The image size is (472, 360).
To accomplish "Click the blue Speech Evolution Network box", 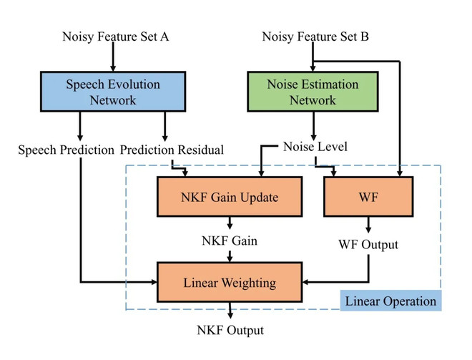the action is [x=113, y=92].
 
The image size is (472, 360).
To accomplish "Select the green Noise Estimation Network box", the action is [x=313, y=92].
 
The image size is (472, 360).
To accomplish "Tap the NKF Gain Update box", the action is [x=230, y=197].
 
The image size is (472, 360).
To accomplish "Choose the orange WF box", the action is [x=368, y=197].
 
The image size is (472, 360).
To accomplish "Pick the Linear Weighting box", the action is [x=230, y=282].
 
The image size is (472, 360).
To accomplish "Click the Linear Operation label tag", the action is [x=390, y=301].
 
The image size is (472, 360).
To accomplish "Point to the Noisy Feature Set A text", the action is [x=116, y=37].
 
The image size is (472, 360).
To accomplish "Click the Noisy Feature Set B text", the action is [x=315, y=37].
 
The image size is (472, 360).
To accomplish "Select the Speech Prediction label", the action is [x=66, y=150].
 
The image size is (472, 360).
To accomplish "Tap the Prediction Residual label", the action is [x=172, y=150].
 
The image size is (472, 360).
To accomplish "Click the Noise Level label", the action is [x=315, y=147].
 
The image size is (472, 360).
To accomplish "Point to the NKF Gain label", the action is [x=230, y=240].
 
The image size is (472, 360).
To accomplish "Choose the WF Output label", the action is [x=368, y=244].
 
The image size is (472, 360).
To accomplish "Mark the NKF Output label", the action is [x=230, y=330].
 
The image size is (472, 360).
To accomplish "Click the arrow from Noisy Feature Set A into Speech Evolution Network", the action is [x=113, y=57].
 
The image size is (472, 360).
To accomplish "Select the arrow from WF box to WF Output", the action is [x=368, y=225].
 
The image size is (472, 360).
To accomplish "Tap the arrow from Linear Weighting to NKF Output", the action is [x=230, y=311].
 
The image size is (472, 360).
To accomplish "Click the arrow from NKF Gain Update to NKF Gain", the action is [x=230, y=223].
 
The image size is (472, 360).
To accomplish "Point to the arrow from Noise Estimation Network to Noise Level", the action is [x=314, y=126].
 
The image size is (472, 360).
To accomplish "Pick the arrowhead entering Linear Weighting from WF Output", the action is [x=306, y=282].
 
